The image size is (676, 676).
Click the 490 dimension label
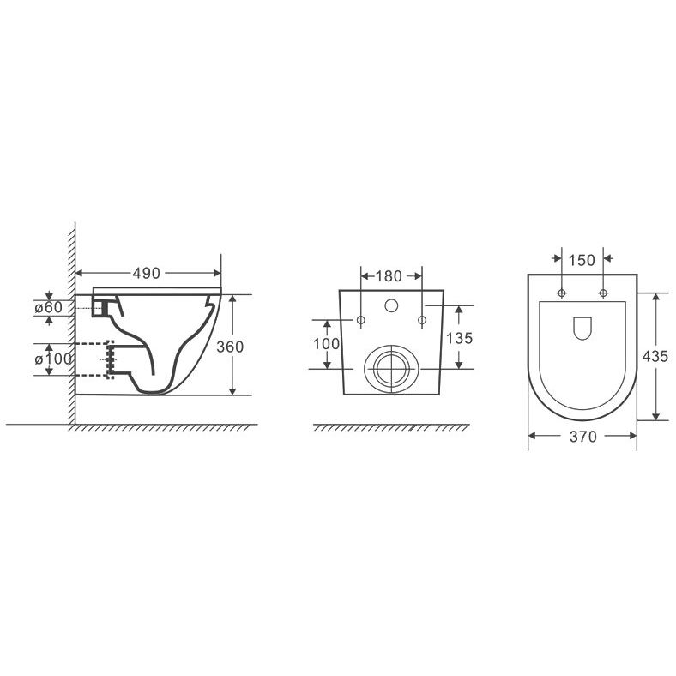pos(146,274)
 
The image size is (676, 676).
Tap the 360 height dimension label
pos(230,347)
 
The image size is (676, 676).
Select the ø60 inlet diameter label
pos(48,308)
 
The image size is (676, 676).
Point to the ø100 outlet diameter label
pos(53,359)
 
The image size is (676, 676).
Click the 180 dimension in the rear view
pos(389,276)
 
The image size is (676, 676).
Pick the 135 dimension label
pos(459,338)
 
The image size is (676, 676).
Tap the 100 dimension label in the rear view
pos(326,344)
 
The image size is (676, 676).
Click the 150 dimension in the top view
pos(582,261)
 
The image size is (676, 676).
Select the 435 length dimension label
pos(655,357)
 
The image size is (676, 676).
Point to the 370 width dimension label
pos(582,437)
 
